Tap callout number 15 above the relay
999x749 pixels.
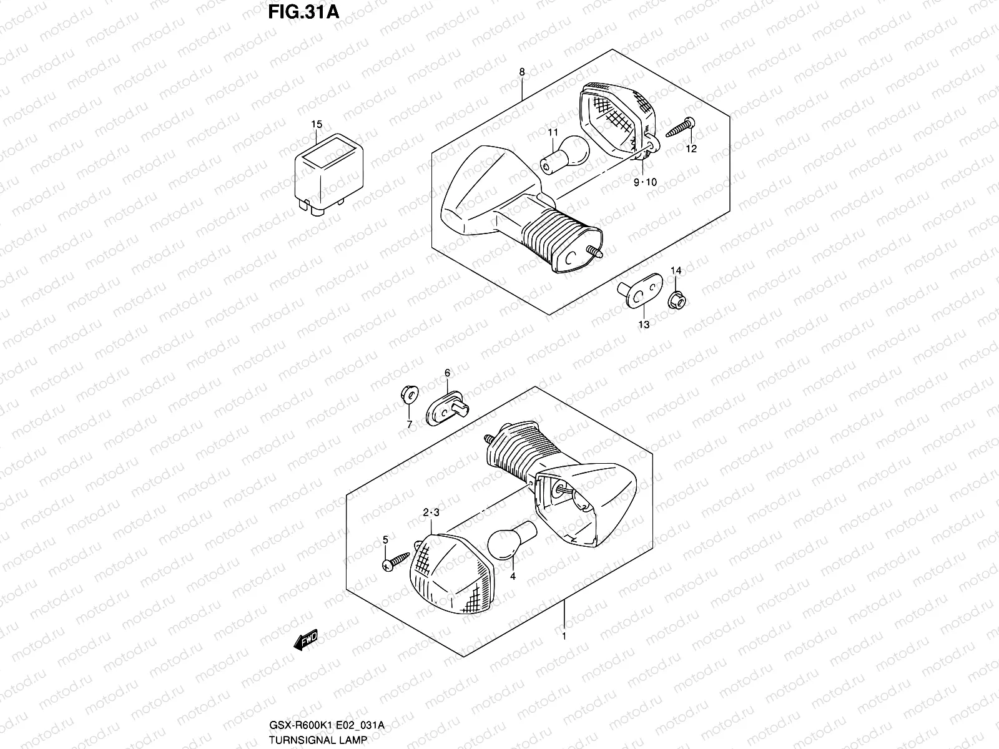coord(317,124)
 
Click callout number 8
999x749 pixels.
coord(522,72)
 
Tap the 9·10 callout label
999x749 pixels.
coord(645,182)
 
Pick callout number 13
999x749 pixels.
coord(644,325)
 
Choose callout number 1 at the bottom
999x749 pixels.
coord(564,637)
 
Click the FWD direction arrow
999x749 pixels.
coord(307,640)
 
